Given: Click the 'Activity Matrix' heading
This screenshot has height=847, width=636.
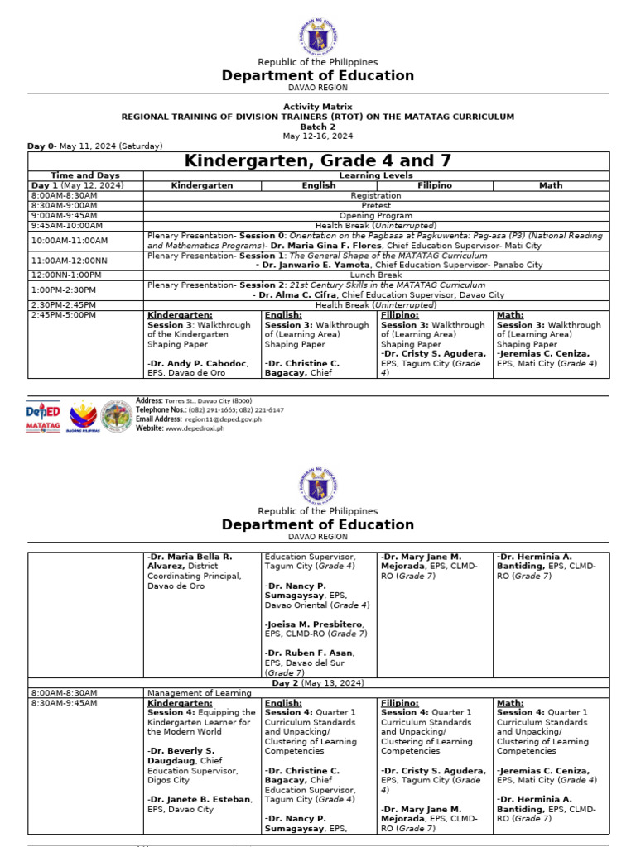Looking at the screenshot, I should coord(318,107).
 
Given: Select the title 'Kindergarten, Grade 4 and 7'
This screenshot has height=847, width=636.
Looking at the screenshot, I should coord(318,160).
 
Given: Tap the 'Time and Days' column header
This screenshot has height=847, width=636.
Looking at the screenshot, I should coord(85,175).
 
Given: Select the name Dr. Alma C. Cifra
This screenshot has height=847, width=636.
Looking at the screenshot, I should coord(296,294).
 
